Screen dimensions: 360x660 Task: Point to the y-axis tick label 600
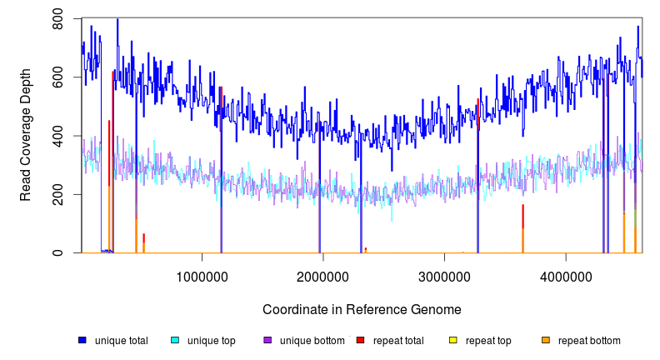pos(58,77)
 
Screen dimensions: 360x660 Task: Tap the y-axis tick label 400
pos(58,136)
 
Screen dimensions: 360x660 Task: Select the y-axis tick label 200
pos(58,194)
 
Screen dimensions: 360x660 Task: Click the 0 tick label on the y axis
pos(58,252)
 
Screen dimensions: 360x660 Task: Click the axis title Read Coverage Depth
pos(26,136)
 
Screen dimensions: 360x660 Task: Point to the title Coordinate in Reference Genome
pos(362,309)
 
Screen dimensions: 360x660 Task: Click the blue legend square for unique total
pos(82,340)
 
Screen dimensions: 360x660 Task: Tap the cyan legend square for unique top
pos(175,340)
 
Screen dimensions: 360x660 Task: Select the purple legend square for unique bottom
pos(267,340)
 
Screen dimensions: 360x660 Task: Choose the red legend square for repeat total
pos(360,340)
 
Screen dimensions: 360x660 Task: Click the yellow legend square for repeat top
pos(452,340)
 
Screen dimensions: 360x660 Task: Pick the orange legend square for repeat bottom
pos(545,340)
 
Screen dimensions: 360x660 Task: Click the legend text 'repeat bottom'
pos(589,340)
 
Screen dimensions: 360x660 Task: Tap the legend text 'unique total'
pos(122,340)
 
